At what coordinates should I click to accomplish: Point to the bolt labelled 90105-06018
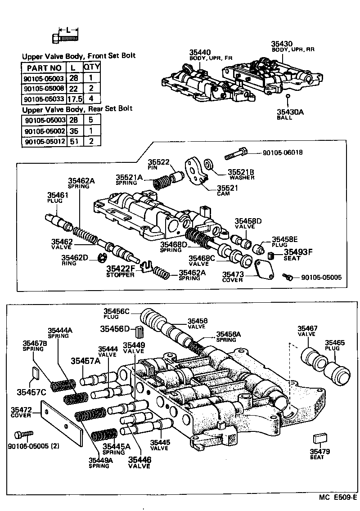(236, 153)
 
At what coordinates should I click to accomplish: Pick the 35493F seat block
(271, 256)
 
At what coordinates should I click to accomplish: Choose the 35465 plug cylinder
(340, 368)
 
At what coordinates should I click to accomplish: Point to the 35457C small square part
(35, 373)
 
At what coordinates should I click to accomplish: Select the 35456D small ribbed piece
(139, 333)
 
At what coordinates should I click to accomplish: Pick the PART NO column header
(44, 67)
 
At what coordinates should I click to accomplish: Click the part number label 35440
(200, 52)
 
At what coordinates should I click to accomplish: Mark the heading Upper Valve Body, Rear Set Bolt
(77, 109)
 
